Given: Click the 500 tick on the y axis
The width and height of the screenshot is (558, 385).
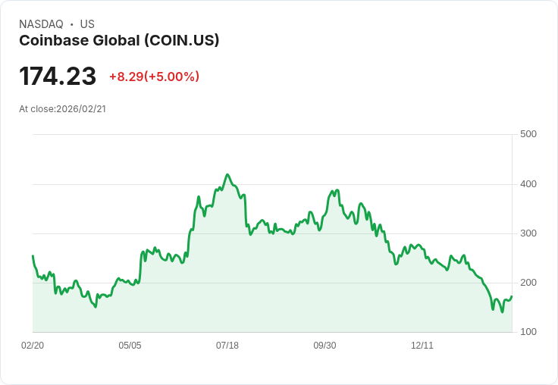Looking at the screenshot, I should (528, 134).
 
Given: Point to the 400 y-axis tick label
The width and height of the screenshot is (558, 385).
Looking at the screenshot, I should (528, 184).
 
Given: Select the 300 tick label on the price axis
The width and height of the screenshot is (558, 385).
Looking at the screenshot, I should (528, 233).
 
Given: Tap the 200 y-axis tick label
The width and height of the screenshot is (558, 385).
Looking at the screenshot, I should (528, 283).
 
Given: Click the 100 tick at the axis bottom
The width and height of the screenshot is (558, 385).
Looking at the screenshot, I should (528, 332).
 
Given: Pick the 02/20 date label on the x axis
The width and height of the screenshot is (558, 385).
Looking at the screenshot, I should (33, 346).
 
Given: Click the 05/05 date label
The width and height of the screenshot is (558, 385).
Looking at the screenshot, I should (130, 346).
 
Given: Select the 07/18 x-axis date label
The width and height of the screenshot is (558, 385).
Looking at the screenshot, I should (227, 346).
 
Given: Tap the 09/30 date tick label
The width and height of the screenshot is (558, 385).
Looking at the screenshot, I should (324, 346).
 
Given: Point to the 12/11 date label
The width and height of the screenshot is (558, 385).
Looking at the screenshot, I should (422, 346).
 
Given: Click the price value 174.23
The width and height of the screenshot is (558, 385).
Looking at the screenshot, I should (58, 77).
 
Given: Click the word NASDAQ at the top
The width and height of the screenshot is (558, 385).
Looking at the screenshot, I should (41, 24).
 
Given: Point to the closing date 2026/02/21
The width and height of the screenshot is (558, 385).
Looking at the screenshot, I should (81, 108).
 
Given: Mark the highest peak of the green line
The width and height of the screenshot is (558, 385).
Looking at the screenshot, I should (227, 174).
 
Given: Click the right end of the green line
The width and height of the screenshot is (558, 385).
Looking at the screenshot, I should (512, 296).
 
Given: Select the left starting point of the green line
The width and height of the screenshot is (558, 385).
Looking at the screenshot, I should (33, 256).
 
